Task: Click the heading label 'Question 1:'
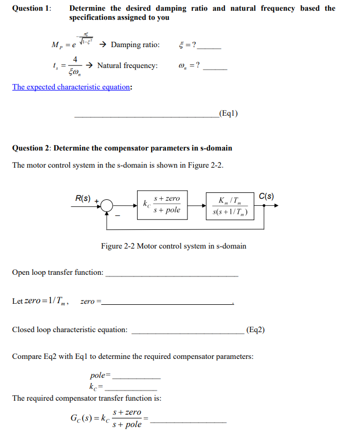[32, 9]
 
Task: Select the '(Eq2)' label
[255, 329]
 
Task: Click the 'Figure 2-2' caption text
[174, 246]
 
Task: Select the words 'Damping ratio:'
[135, 44]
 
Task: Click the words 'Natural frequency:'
[127, 65]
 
